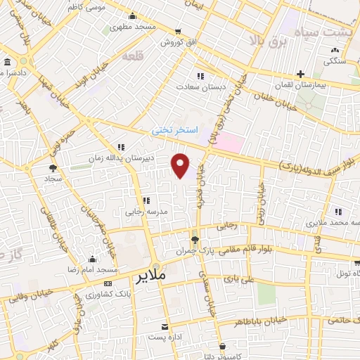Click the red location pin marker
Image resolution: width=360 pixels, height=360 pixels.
click(181, 165)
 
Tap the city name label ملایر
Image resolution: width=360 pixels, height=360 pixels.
click(148, 275)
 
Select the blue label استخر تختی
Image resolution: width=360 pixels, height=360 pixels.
click(175, 131)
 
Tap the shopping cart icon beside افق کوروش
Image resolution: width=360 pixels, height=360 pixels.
click(178, 32)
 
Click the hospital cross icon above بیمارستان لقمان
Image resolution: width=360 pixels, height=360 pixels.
click(300, 73)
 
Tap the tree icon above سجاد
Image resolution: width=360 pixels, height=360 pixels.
click(53, 168)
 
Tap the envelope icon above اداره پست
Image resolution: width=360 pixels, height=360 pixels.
click(165, 328)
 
